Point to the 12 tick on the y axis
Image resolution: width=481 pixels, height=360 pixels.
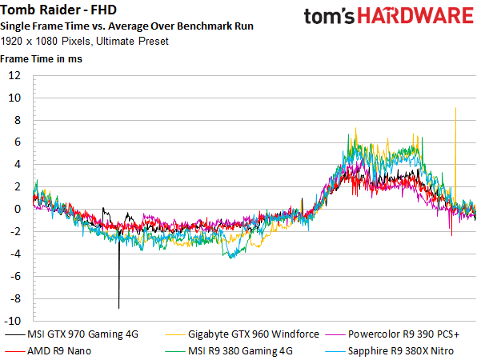point(14,76)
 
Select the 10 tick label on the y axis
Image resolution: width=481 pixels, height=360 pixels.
point(14,98)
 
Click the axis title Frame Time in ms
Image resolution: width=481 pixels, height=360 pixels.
point(41,58)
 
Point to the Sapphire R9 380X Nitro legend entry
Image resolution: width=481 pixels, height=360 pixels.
point(405,350)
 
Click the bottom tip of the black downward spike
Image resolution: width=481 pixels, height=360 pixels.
point(119,307)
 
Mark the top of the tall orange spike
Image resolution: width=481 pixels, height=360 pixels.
point(455,108)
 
